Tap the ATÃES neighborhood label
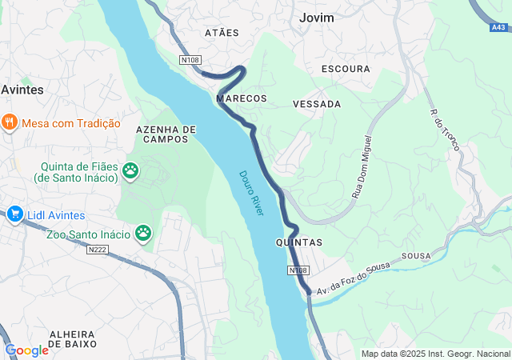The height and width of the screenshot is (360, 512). click(222, 33)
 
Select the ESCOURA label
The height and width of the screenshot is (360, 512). click(345, 69)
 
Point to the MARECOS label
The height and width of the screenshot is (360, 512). click(241, 98)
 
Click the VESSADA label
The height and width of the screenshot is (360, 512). click(317, 104)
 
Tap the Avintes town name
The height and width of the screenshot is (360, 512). click(22, 90)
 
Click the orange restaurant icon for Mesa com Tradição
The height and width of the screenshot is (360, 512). click(10, 122)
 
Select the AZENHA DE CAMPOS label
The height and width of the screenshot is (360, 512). click(166, 134)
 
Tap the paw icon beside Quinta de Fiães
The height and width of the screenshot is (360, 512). click(130, 170)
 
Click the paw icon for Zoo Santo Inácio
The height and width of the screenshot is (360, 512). click(143, 233)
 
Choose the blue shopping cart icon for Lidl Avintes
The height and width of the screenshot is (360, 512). click(14, 214)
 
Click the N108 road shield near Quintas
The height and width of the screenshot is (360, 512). click(298, 271)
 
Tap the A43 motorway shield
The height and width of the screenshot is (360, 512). click(498, 28)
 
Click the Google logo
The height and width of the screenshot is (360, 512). click(26, 350)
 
